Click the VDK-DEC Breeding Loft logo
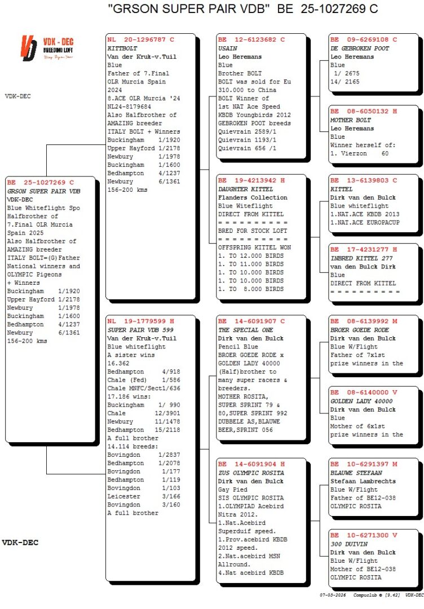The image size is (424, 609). coord(47,48)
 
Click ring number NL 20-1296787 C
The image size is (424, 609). coord(140,39)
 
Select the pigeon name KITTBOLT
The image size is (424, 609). coord(122,48)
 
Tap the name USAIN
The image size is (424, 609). coord(228,48)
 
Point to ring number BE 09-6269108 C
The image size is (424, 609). coord(364,39)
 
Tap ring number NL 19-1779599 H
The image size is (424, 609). coord(140,321)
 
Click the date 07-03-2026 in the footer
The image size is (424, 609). coord(332,594)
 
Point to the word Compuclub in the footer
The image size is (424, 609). coord(365,594)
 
